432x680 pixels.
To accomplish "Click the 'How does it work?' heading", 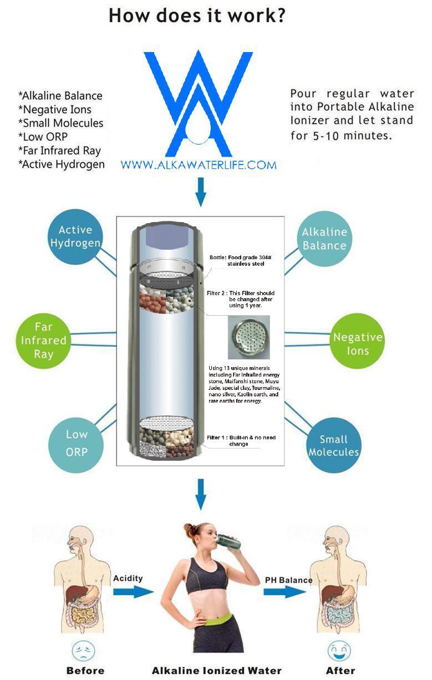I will pyautogui.click(x=197, y=15).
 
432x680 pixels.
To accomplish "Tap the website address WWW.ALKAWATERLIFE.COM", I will pyautogui.click(x=198, y=164).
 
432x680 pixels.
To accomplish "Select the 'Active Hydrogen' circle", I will pyautogui.click(x=75, y=236).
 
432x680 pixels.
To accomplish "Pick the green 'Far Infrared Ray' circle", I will pyautogui.click(x=44, y=341).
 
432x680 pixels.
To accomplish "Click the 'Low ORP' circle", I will pyautogui.click(x=77, y=443).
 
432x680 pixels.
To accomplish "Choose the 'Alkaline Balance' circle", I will pyautogui.click(x=324, y=239).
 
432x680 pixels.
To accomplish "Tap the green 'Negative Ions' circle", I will pyautogui.click(x=358, y=344).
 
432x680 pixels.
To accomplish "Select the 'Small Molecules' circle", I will pyautogui.click(x=334, y=446).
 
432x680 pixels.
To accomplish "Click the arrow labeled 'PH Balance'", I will pyautogui.click(x=284, y=591).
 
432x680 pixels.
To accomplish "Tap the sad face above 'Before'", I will pyautogui.click(x=84, y=651).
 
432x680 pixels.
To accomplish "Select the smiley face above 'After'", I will pyautogui.click(x=338, y=651).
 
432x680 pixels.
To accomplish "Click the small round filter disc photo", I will pyautogui.click(x=248, y=337).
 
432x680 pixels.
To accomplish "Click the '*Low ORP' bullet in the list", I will pyautogui.click(x=47, y=137).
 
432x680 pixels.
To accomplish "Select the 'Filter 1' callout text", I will pyautogui.click(x=241, y=441).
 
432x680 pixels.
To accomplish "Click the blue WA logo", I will pyautogui.click(x=198, y=104).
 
